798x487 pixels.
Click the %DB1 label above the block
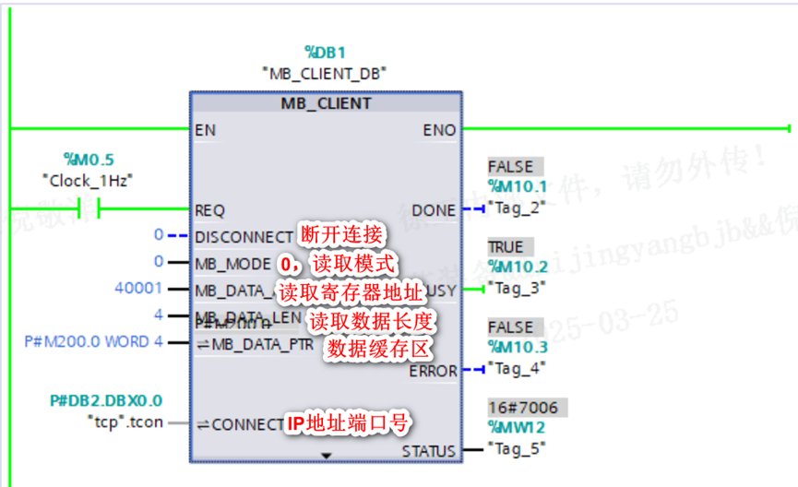[x=325, y=53]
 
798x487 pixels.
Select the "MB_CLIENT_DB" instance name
[x=324, y=72]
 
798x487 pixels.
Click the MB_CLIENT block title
[x=326, y=103]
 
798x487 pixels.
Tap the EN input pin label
[x=205, y=130]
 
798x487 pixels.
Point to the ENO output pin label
[x=439, y=130]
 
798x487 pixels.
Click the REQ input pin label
[x=210, y=210]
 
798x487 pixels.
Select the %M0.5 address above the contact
[x=89, y=160]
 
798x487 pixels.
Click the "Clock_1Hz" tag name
[x=89, y=180]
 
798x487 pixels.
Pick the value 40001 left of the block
[x=138, y=289]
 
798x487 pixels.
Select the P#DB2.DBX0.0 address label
[x=106, y=401]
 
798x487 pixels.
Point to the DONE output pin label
[x=434, y=210]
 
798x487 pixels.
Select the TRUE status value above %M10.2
[x=506, y=247]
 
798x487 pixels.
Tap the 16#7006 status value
[x=522, y=408]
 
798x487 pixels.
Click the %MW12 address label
[x=517, y=428]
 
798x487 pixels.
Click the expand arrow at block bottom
[x=325, y=456]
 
